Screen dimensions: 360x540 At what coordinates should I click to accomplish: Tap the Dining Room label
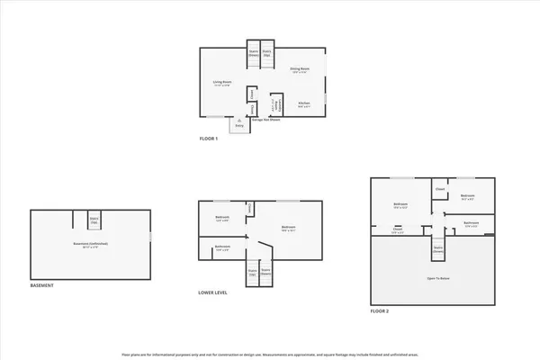(x=300, y=69)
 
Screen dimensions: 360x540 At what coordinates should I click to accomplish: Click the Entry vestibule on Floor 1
(x=239, y=125)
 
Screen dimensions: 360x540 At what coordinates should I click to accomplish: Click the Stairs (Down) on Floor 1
(x=254, y=52)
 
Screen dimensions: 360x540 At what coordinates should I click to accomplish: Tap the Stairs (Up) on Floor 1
(x=267, y=52)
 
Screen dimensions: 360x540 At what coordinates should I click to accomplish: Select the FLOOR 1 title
(x=210, y=139)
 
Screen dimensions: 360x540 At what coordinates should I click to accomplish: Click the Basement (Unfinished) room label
(x=91, y=244)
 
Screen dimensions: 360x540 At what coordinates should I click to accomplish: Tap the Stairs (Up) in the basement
(x=94, y=219)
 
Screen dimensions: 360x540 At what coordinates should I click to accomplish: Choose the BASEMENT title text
(x=42, y=285)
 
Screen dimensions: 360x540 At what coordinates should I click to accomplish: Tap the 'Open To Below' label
(x=438, y=279)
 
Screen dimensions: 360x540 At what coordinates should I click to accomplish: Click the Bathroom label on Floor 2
(x=471, y=223)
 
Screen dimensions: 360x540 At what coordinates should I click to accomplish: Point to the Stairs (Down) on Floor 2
(x=438, y=247)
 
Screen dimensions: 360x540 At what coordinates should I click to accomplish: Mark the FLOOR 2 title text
(x=381, y=311)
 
